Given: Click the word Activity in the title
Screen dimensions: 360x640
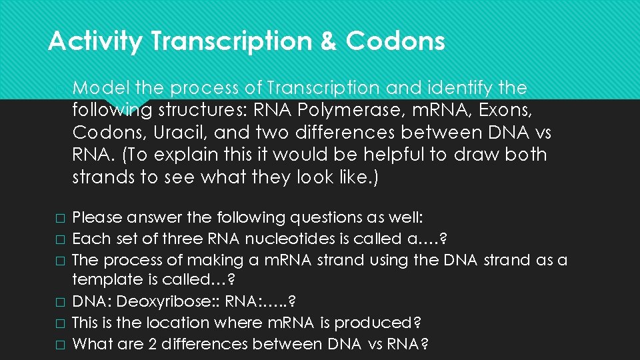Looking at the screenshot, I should pos(95,41).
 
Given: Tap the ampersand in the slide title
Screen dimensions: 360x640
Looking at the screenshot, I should pos(329,41).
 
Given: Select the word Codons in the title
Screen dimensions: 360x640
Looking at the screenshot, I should pos(395,41).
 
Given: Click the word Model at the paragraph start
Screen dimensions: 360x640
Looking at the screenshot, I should pos(101,87).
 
